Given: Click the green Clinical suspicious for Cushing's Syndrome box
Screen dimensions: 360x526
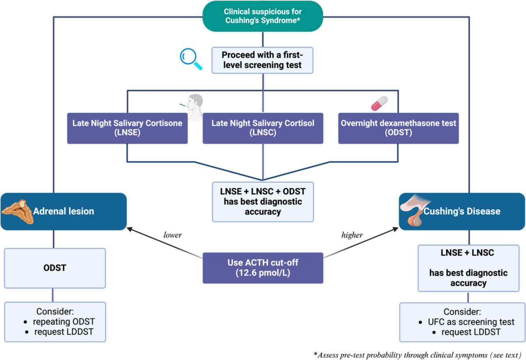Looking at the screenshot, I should coord(263,16).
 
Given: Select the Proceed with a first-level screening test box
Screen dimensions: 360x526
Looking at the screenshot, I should coord(263,60).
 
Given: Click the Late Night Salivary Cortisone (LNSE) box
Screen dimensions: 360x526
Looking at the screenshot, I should coord(127,128).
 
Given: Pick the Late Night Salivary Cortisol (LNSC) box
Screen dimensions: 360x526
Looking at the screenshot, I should coord(263,128).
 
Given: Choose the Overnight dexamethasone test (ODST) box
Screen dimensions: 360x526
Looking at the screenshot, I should coord(398,128).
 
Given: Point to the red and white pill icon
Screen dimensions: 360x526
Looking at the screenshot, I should coord(379,104).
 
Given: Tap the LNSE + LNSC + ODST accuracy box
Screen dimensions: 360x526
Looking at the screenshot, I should coord(263,202).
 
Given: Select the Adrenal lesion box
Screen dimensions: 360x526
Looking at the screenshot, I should coord(64,211).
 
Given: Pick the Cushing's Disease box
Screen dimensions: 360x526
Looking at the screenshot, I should coord(462,211).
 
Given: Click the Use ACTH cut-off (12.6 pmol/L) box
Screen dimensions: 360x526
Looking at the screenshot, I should coord(263,268).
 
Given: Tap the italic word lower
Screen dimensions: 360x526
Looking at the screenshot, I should coord(172,235).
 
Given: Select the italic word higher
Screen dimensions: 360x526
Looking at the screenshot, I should coord(352,235).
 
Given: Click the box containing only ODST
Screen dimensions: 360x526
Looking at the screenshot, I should coord(55,268).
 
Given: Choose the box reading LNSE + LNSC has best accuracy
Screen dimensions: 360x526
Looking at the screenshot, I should coord(469,268).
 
